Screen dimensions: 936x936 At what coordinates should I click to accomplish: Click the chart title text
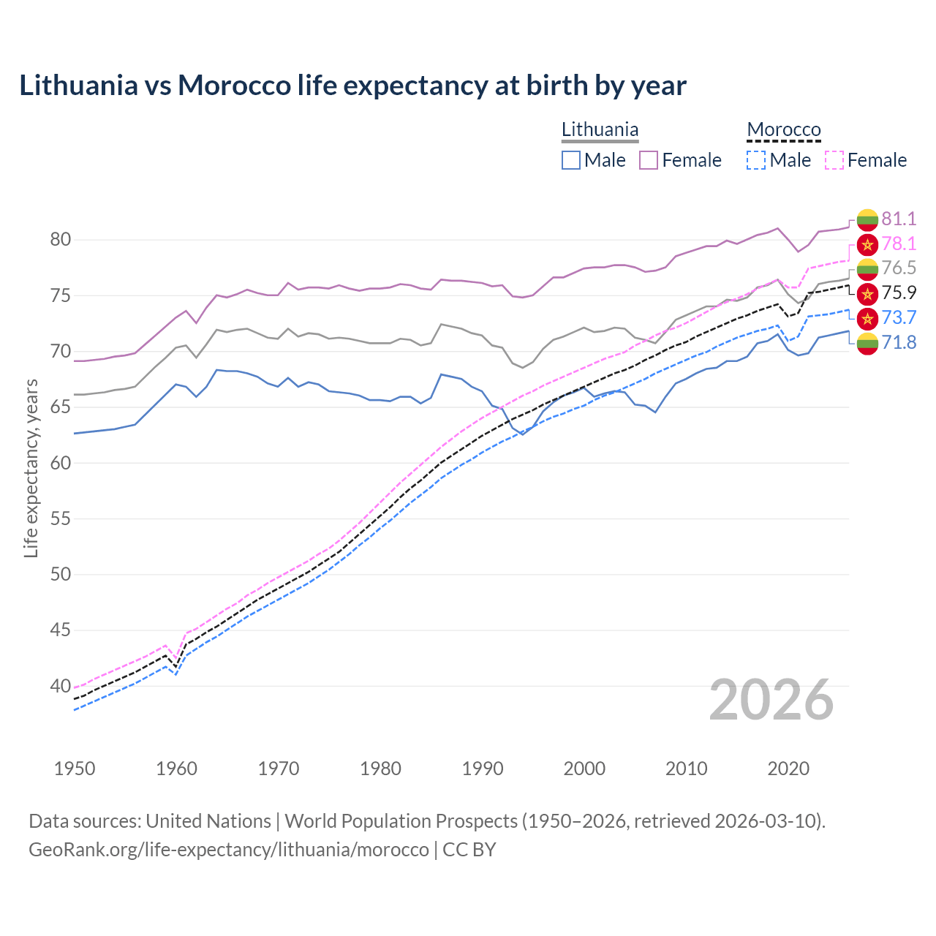tap(352, 86)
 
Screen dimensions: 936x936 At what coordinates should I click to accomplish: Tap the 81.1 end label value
tap(899, 219)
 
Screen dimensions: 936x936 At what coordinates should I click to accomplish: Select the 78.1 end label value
tap(899, 244)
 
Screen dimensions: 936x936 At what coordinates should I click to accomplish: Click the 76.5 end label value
tap(899, 268)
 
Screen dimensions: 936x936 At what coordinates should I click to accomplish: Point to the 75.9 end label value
tap(899, 292)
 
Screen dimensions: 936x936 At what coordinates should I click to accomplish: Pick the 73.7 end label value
tap(899, 317)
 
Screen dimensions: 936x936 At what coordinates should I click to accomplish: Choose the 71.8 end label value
tap(899, 342)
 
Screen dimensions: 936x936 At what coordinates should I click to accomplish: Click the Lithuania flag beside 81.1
tap(867, 219)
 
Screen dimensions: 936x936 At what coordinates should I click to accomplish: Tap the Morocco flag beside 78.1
tap(867, 244)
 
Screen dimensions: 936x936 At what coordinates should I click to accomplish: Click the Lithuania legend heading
tap(600, 129)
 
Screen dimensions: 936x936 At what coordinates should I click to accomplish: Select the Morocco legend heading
tap(784, 129)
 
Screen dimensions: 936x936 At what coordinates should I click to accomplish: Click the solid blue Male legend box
tap(571, 160)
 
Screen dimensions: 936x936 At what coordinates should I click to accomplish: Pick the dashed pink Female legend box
tap(834, 160)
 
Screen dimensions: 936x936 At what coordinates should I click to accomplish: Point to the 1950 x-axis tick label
tap(75, 769)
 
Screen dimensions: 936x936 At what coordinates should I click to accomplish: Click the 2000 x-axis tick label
tap(584, 769)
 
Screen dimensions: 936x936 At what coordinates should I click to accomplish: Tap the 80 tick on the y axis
tap(61, 240)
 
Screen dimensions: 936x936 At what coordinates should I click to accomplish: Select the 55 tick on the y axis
tap(61, 519)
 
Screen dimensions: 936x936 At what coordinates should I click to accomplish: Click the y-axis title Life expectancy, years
tap(31, 468)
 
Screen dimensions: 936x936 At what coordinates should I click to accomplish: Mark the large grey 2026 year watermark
tap(771, 700)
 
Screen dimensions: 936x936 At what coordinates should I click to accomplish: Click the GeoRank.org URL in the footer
tap(229, 850)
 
